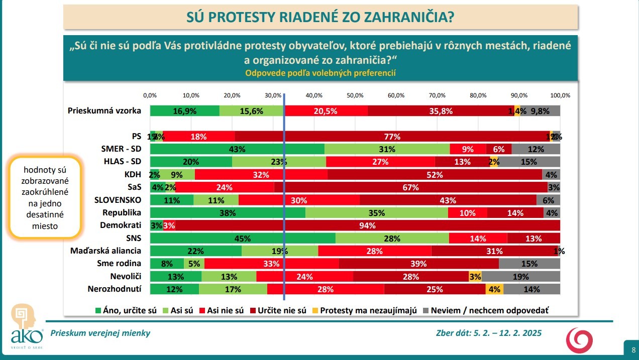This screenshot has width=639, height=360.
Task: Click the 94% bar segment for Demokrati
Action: click(x=367, y=225)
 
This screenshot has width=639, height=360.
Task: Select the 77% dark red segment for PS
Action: click(x=392, y=136)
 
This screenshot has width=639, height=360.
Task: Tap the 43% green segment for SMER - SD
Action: click(x=237, y=149)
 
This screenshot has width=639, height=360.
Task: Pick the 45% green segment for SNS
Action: click(x=242, y=238)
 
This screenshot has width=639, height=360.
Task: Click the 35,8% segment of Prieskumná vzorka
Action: click(x=441, y=111)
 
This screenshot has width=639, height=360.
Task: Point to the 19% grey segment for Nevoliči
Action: click(x=520, y=276)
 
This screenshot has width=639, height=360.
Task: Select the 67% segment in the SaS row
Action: click(x=410, y=187)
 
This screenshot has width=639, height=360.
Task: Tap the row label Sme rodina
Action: click(x=119, y=263)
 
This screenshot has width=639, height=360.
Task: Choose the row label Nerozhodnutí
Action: click(x=115, y=289)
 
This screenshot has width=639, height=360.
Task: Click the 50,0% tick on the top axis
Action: click(x=355, y=95)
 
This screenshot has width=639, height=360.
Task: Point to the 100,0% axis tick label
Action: click(x=560, y=95)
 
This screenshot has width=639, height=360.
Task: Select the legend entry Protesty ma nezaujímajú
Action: click(x=369, y=310)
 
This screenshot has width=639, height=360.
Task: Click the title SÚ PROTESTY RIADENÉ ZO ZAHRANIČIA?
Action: click(x=320, y=18)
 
